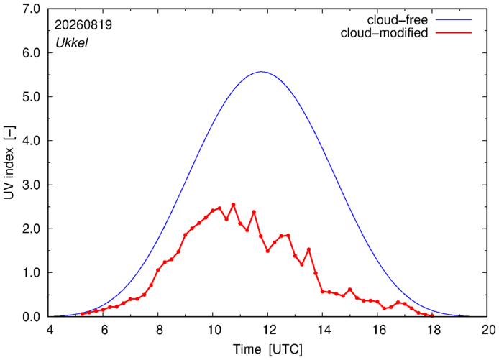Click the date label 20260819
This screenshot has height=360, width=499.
83,25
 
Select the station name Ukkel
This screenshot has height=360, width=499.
72,42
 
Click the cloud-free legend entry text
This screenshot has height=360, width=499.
398,20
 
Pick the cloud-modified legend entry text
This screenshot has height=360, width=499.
384,33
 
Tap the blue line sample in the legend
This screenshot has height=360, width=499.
454,19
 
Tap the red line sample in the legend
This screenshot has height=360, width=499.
454,32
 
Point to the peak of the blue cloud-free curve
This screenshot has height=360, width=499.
261,72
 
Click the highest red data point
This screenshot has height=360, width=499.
233,205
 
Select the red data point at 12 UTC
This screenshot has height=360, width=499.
267,251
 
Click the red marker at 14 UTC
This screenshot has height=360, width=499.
322,291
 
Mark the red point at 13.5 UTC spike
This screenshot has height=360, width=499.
308,249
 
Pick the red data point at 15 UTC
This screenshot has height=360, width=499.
350,290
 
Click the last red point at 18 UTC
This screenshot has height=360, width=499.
432,315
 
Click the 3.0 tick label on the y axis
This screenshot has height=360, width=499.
31,185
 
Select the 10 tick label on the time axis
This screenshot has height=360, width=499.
214,330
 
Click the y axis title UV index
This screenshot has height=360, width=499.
9,162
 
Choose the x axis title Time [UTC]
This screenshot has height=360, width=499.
267,349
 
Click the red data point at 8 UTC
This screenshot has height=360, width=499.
158,270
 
